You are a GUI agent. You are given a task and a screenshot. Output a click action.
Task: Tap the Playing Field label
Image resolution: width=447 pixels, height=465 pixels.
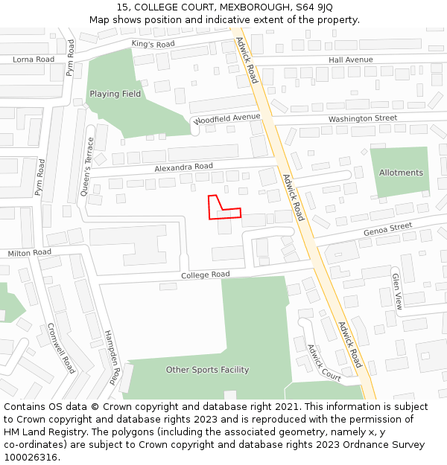[x=115, y=94]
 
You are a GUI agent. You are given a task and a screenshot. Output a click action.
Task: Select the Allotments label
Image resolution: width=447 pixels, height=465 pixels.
[x=401, y=173]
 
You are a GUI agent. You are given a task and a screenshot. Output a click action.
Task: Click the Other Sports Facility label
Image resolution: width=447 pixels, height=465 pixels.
[x=207, y=370]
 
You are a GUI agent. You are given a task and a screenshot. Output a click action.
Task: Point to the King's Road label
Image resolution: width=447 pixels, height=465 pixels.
[x=153, y=45]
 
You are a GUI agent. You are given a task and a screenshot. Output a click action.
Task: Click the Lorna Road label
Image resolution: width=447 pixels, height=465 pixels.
[x=34, y=59]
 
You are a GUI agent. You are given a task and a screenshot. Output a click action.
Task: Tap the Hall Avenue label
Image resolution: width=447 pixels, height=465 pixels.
[x=350, y=60]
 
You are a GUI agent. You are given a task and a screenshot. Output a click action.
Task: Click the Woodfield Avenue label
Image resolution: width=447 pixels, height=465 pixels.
[x=226, y=118]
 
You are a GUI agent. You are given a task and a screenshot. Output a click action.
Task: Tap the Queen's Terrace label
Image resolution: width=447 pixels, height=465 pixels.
[x=87, y=167]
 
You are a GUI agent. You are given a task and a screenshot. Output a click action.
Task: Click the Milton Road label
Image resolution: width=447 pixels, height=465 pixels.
[x=30, y=253]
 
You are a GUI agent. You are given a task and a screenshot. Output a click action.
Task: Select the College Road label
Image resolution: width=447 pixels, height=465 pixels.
[x=205, y=275]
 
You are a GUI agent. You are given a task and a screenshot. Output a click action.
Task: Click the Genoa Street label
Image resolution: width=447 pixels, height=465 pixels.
[x=387, y=228]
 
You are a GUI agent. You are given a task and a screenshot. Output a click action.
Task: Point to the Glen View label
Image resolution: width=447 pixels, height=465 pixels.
[x=397, y=292]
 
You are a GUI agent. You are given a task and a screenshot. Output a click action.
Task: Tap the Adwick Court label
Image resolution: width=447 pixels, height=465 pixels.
[x=324, y=362]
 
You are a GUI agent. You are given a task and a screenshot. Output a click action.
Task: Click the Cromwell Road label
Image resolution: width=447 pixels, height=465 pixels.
[x=62, y=348]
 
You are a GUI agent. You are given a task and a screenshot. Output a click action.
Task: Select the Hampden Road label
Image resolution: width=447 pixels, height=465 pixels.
[x=112, y=357]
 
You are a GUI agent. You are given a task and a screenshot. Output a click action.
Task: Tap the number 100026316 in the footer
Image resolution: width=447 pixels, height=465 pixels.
[x=30, y=457]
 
